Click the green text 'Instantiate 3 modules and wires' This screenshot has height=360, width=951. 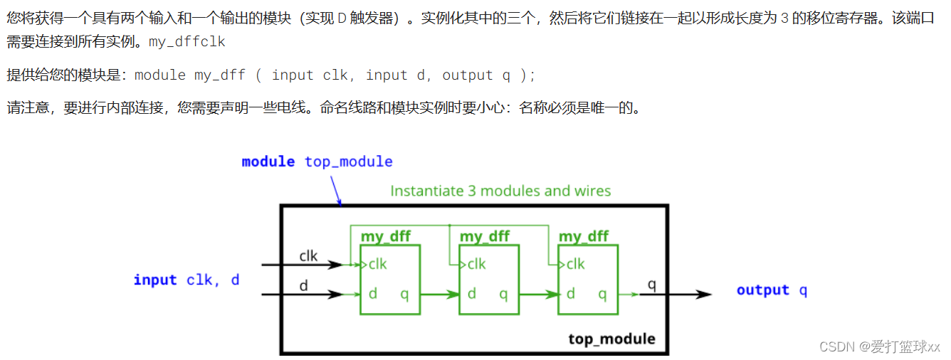tap(500, 191)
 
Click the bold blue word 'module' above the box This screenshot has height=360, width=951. tap(268, 162)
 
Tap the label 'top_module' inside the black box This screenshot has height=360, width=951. tap(611, 339)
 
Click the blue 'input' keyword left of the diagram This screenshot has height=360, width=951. tap(155, 280)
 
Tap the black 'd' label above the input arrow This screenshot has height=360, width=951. tap(303, 285)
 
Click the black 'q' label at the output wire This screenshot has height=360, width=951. tap(651, 285)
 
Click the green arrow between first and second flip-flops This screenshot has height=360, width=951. tap(440, 294)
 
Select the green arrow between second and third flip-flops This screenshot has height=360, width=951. tap(539, 294)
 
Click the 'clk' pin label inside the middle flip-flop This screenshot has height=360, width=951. tap(476, 264)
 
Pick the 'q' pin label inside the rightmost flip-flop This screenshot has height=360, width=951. tap(602, 294)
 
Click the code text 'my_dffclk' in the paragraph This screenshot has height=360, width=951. tap(186, 42)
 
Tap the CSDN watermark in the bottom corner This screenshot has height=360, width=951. tap(880, 346)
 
